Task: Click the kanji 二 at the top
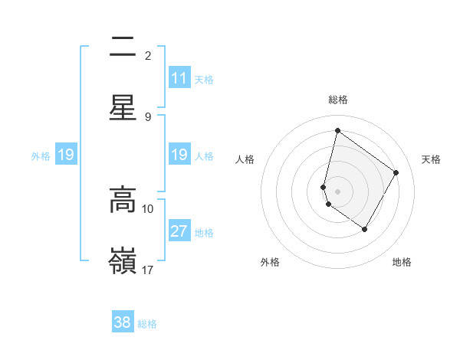click(123, 47)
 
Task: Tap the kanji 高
click(123, 200)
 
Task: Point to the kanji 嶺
click(123, 261)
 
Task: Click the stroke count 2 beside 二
click(148, 56)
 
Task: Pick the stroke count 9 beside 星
click(148, 116)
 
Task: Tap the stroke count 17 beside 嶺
click(148, 270)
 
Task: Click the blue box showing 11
click(179, 78)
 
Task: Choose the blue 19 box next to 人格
click(179, 155)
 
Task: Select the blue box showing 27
click(179, 231)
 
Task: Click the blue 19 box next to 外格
click(66, 155)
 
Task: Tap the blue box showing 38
click(123, 322)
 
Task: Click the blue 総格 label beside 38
click(148, 324)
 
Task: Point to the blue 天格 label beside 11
click(204, 79)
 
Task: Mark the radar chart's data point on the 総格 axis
click(337, 130)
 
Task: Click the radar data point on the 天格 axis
click(396, 172)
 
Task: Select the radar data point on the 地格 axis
click(365, 229)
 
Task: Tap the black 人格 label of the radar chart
click(245, 159)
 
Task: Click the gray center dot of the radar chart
click(337, 191)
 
